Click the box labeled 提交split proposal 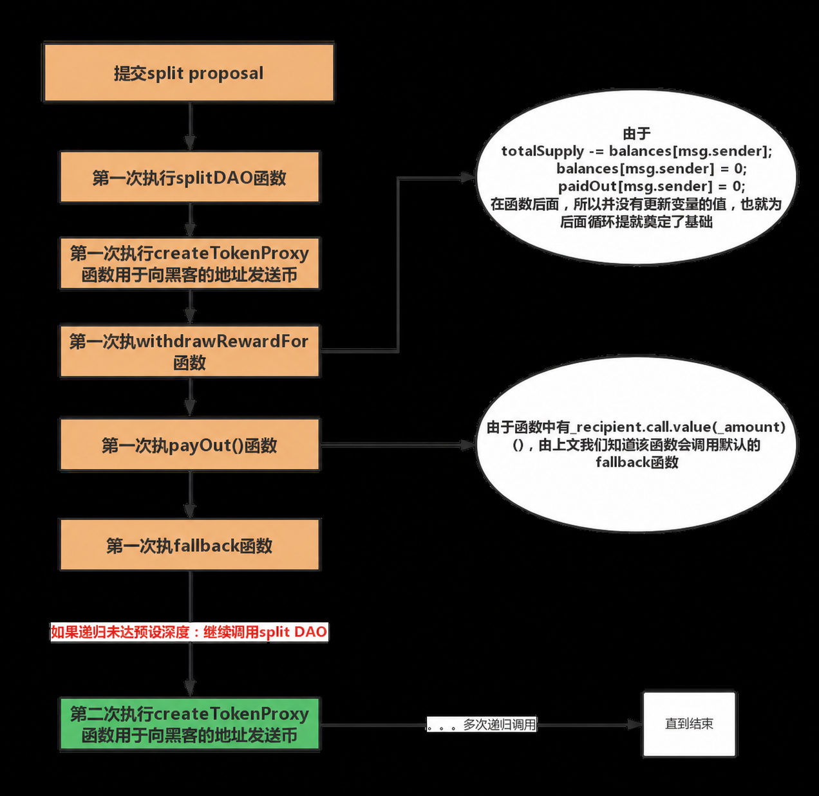[189, 72]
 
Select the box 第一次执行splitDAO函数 [189, 177]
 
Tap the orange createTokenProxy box [189, 263]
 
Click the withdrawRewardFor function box [189, 351]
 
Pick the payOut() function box [189, 444]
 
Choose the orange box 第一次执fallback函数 [189, 545]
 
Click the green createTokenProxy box [189, 724]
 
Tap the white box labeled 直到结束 [690, 724]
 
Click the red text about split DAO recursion [189, 632]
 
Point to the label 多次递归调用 [500, 725]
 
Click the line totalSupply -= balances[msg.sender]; [637, 151]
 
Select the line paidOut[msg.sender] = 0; [652, 186]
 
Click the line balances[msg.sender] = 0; [652, 169]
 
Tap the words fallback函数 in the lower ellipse [637, 463]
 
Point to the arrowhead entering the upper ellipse [468, 178]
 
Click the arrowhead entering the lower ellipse [468, 445]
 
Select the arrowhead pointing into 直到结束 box [635, 725]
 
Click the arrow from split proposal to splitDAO [190, 126]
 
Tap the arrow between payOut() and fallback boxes [190, 494]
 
